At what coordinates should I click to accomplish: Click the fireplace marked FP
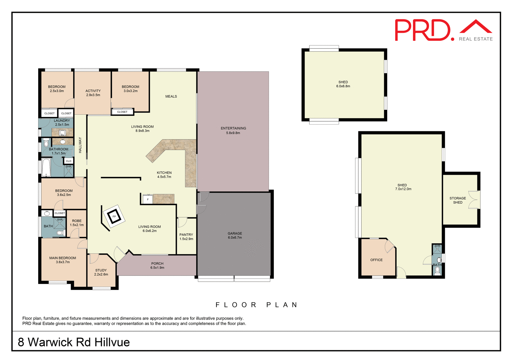coord(114,216)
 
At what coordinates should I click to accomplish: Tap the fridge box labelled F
coord(147,199)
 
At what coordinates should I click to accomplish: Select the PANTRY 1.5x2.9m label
coord(186,237)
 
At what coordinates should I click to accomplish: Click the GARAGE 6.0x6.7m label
coord(235,235)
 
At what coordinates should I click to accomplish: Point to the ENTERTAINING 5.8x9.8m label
coord(233,130)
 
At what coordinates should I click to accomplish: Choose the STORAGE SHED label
coord(457,200)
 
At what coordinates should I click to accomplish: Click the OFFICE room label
coord(376,260)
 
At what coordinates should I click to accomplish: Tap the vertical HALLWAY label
coord(80,145)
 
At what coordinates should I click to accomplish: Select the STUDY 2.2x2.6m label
coord(101,272)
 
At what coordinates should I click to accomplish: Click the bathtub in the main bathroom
coord(46,167)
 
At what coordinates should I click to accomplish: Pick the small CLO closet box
coord(69,161)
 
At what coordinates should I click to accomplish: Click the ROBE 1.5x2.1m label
coord(77,223)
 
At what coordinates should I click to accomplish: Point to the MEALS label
coord(171,96)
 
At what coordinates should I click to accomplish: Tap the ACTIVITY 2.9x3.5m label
coord(93,93)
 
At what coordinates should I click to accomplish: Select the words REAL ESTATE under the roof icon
coord(476,39)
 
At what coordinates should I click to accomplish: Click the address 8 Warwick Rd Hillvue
coord(74,342)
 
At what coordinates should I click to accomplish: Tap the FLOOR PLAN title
coord(256,305)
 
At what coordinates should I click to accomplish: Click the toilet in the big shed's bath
coord(437,271)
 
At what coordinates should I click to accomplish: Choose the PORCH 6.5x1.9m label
coord(157,265)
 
